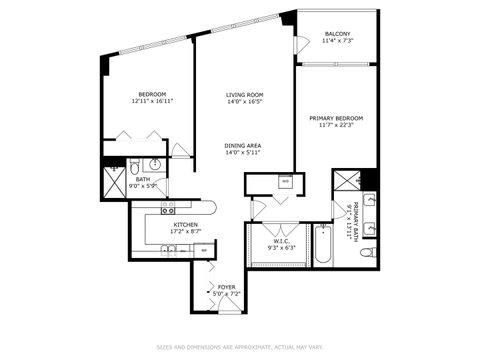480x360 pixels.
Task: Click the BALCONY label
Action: click(x=335, y=33)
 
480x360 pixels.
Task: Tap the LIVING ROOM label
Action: click(x=244, y=94)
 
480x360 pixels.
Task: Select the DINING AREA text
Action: click(x=244, y=146)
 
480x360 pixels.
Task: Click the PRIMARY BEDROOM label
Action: click(x=335, y=118)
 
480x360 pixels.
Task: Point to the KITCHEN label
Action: click(x=185, y=224)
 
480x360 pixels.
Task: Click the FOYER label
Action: click(x=227, y=287)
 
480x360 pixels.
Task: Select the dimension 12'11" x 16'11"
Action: click(x=152, y=101)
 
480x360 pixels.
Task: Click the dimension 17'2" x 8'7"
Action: click(x=185, y=231)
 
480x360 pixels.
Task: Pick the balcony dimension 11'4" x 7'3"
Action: click(x=335, y=40)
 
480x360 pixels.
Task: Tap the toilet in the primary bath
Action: click(x=368, y=253)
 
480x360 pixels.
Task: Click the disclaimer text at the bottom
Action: click(x=239, y=347)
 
